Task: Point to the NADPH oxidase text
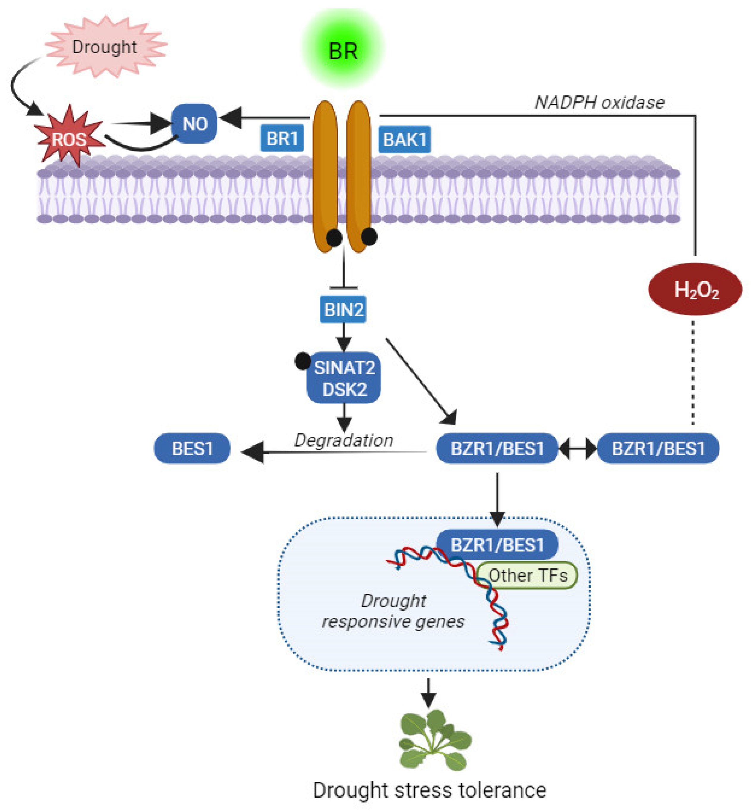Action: click(599, 103)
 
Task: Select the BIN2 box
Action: click(343, 309)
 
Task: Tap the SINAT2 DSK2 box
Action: click(344, 378)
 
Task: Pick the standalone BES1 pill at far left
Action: click(192, 448)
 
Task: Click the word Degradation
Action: click(344, 440)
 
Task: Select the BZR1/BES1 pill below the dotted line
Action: click(658, 448)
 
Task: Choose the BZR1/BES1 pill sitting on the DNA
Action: click(497, 545)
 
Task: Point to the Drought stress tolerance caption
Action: click(429, 790)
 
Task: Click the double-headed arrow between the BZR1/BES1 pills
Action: click(578, 449)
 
